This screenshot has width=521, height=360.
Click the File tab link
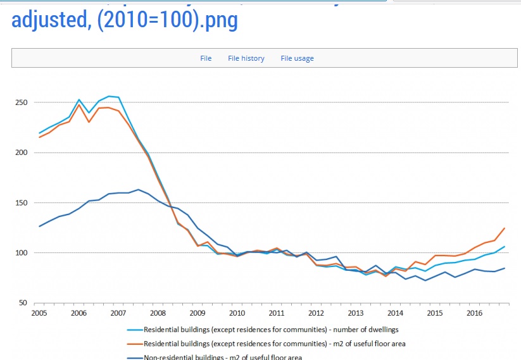coord(206,58)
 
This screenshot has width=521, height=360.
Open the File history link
coord(246,58)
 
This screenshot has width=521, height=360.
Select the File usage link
coord(298,58)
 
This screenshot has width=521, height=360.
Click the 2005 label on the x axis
coord(39,313)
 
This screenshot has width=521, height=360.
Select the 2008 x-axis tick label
coord(158,313)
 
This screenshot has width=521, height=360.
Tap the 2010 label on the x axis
coord(237,313)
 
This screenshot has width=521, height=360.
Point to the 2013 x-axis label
coord(356,313)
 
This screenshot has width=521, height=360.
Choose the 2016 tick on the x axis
coord(475,313)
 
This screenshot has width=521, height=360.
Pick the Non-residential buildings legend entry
coord(223,357)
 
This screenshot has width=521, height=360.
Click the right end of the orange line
coord(505,228)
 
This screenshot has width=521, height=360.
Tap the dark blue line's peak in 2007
coord(139,190)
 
